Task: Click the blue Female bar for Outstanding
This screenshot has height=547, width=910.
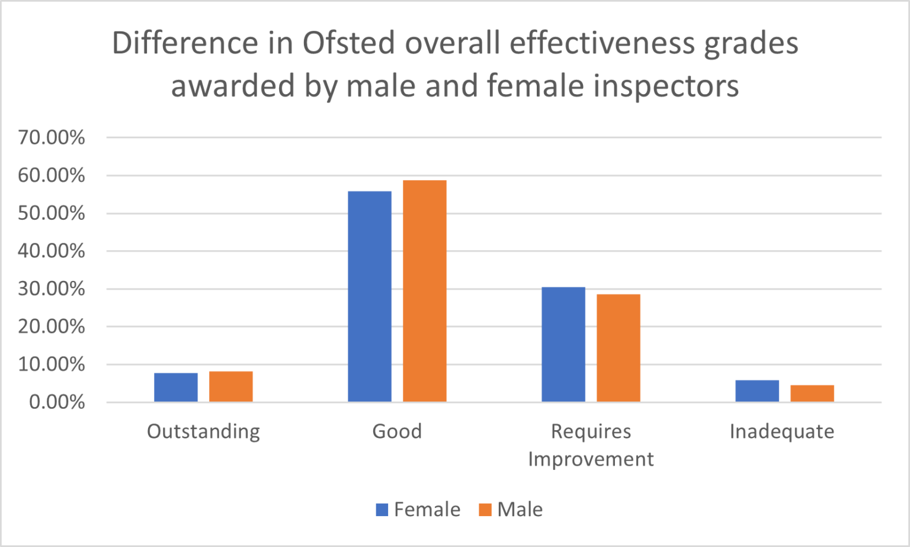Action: pos(176,388)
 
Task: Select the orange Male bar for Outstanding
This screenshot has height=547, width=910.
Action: pos(231,386)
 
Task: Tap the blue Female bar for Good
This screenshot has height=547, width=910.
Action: pos(370,296)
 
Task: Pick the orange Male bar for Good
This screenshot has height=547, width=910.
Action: pos(425,291)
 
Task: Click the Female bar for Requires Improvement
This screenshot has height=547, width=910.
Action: pos(563,344)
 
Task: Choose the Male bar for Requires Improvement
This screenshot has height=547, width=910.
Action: pos(619,348)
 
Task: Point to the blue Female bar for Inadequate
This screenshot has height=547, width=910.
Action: pos(757,391)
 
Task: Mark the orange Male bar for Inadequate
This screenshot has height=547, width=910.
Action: pos(812,394)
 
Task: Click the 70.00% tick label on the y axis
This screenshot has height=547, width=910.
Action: pos(52,137)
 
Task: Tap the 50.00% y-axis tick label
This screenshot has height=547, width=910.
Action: pos(52,213)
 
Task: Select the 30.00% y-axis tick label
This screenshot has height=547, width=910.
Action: pos(52,289)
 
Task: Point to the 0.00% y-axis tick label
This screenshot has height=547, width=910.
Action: pos(57,402)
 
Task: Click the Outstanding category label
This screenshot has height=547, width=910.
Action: pos(203,431)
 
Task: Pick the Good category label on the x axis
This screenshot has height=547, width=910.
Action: pos(397,431)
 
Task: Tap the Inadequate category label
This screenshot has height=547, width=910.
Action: pos(782,431)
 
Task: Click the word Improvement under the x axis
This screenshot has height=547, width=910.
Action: pos(591,459)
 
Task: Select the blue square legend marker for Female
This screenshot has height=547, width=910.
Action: pos(382,510)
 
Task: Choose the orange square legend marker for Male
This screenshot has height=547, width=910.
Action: pos(485,510)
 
